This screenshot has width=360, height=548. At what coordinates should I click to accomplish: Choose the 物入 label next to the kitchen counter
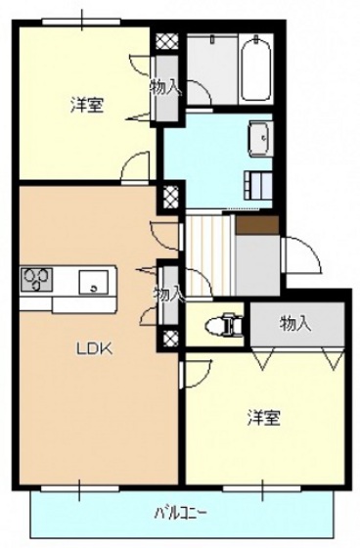(168, 292)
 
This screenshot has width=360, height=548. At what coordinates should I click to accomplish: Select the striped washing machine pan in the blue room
(261, 182)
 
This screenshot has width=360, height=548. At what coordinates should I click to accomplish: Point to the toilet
(227, 322)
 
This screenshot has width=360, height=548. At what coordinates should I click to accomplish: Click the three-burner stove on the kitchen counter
(36, 281)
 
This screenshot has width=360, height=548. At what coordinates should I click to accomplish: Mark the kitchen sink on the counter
(94, 282)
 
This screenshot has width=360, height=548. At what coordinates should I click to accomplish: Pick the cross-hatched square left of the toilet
(172, 339)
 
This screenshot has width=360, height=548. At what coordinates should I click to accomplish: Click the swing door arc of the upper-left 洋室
(134, 167)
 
